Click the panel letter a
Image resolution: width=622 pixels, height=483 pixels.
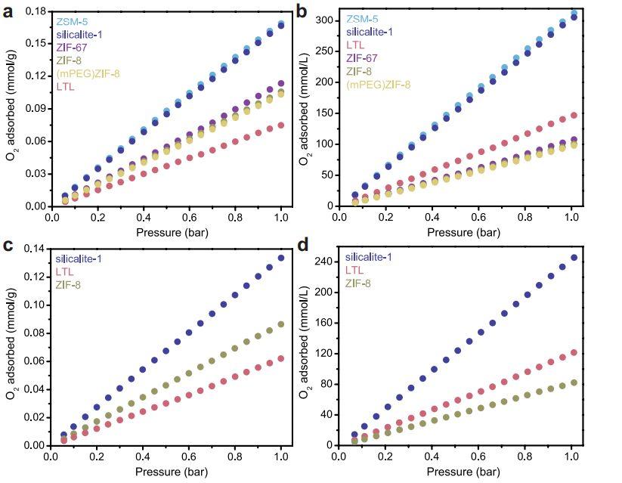click(8, 10)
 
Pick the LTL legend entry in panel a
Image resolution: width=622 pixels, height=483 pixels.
click(66, 87)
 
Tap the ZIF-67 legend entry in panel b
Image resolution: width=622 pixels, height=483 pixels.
click(364, 57)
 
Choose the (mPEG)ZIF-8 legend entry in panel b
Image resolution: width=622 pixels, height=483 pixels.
click(379, 84)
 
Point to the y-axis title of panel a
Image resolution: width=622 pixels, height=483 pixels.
click(11, 108)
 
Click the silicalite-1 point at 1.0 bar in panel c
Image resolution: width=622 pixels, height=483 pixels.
click(280, 258)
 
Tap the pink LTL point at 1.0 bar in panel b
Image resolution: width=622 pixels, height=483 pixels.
click(572, 115)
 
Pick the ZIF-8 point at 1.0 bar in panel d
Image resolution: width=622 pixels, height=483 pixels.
click(572, 382)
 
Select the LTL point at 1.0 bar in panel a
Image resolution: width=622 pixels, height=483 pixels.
click(280, 125)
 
